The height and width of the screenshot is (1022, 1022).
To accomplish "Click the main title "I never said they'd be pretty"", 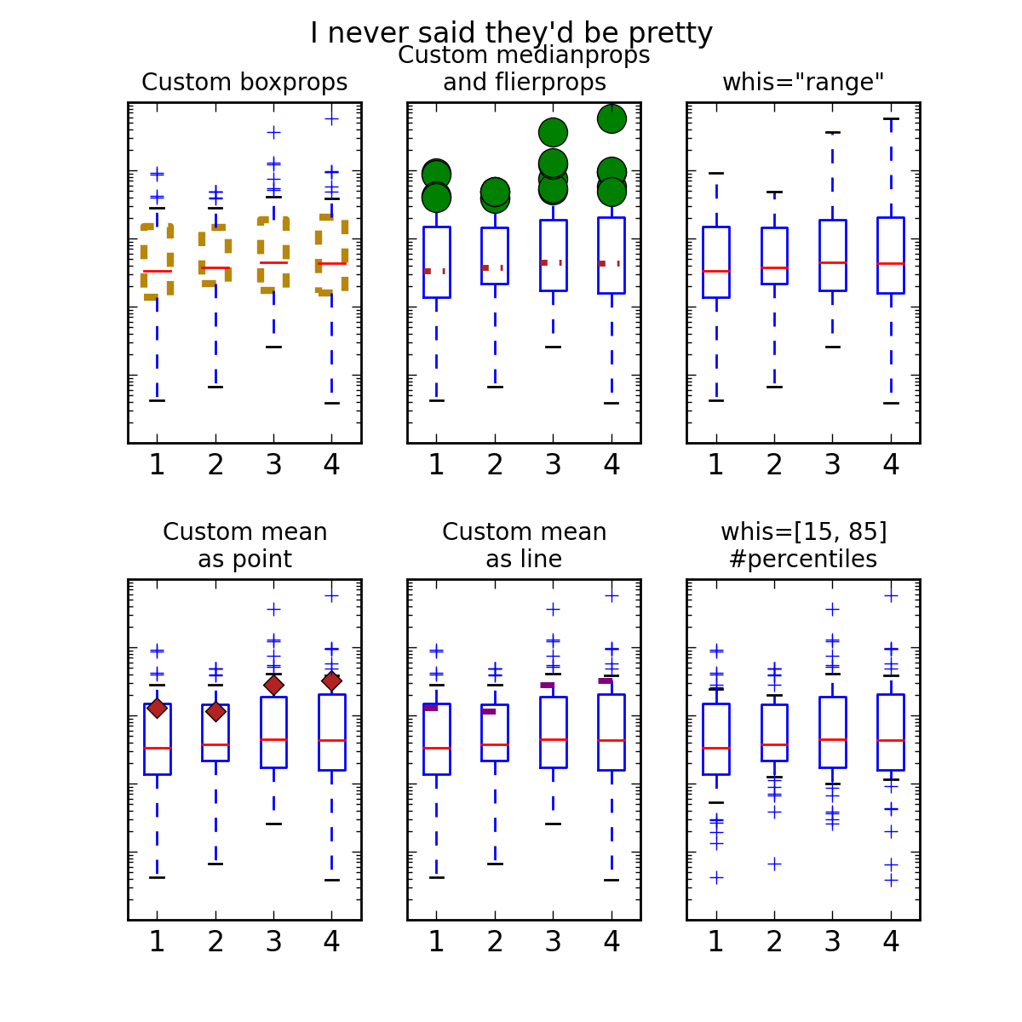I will pos(511,33).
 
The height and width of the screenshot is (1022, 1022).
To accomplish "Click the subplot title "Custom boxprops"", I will pos(244,83).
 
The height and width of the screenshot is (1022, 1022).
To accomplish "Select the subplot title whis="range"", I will pos(803,83).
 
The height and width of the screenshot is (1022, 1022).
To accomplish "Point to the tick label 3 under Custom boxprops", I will pos(273,465).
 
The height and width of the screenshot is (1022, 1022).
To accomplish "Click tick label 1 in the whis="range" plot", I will pos(716,465).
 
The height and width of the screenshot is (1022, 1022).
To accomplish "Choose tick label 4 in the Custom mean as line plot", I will pos(611,942).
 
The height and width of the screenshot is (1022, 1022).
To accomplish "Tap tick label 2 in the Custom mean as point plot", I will pos(215,942).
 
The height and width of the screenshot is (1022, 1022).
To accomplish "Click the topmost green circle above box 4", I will pos(611,118).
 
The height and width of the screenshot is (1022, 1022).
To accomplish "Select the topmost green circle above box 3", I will pos(554,132).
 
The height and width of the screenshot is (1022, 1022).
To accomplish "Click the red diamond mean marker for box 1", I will pos(157,708).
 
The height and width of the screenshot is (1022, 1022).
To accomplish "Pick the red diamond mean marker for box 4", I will pos(332,680).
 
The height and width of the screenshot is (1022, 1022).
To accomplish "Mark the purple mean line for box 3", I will pos(548,685).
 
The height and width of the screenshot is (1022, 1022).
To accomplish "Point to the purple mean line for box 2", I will pos(489,711).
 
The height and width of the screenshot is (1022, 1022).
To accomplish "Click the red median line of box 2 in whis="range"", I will pos(774,267).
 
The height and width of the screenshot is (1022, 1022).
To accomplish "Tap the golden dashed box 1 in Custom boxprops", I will pos(143,261).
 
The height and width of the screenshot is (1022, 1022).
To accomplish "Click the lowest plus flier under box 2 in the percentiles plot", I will pos(774,864).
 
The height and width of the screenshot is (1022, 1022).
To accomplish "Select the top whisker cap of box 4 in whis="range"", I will pos(891,119).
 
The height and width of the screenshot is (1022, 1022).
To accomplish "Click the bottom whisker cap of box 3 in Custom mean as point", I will pos(273,824).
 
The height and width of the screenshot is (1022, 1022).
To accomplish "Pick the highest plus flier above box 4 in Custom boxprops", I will pos(332,118).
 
